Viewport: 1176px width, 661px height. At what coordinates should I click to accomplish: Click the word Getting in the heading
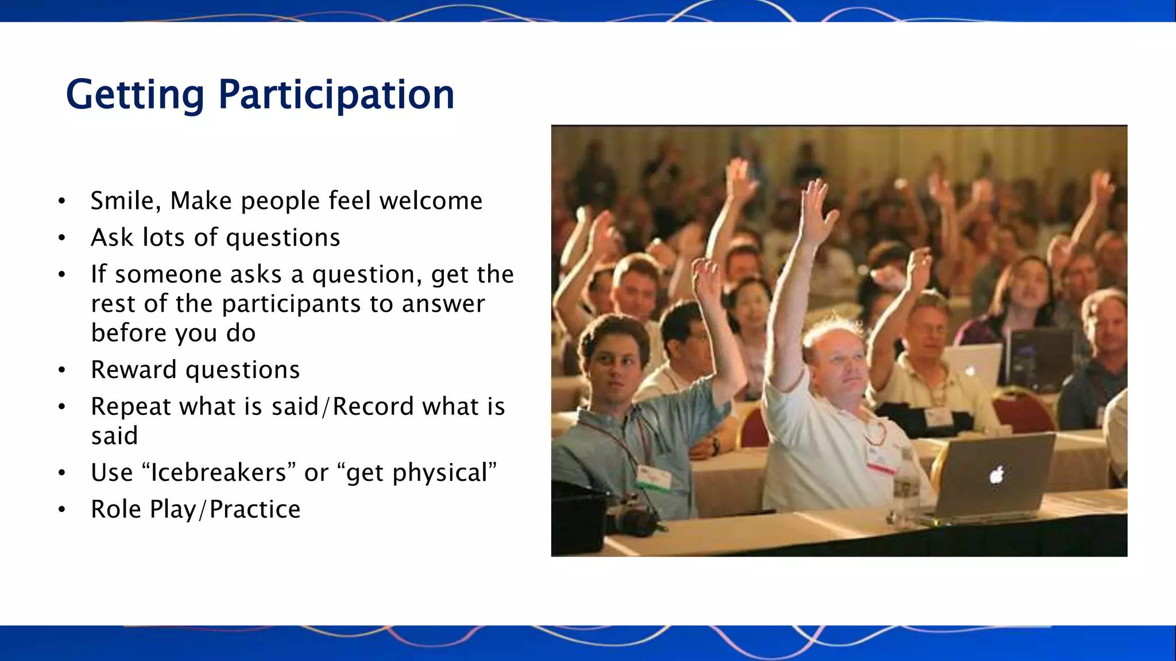pos(135,95)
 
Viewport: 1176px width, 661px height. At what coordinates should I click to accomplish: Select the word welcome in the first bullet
pos(431,201)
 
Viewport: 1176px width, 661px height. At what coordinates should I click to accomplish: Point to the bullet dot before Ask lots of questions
pos(62,238)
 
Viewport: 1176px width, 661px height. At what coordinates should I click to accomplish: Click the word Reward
pos(134,370)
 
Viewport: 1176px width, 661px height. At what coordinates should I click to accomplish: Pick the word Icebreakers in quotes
pos(218,473)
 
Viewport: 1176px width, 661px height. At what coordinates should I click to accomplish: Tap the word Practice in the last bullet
pos(255,510)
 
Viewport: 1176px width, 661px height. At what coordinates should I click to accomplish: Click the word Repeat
pos(131,407)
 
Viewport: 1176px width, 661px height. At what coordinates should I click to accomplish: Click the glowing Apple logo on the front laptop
pos(997,475)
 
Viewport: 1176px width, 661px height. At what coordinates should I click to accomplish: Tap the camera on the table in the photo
pos(632,516)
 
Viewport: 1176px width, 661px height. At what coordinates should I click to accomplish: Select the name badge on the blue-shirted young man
pos(654,478)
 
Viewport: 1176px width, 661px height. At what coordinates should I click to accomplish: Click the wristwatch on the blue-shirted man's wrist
pos(715,445)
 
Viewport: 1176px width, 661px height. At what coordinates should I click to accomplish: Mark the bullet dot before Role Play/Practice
pos(62,510)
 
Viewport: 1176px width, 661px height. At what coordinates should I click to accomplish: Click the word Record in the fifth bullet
pos(373,407)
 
